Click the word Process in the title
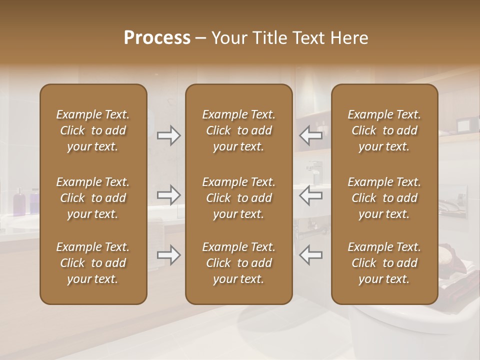click(x=157, y=38)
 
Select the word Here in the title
click(x=349, y=38)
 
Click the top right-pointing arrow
click(x=169, y=135)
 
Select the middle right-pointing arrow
click(x=169, y=195)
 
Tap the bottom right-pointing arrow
click(x=169, y=255)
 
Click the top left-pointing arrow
click(x=311, y=135)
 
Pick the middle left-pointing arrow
click(x=311, y=195)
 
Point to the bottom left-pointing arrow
click(x=311, y=255)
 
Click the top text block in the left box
click(x=93, y=130)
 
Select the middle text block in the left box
click(x=93, y=198)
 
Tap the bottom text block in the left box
click(x=93, y=263)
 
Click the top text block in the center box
click(x=238, y=130)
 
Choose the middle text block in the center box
click(x=238, y=198)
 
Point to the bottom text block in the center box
click(x=238, y=263)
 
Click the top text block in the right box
click(x=384, y=130)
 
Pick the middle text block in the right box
click(x=384, y=198)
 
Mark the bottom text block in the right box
click(x=384, y=263)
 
